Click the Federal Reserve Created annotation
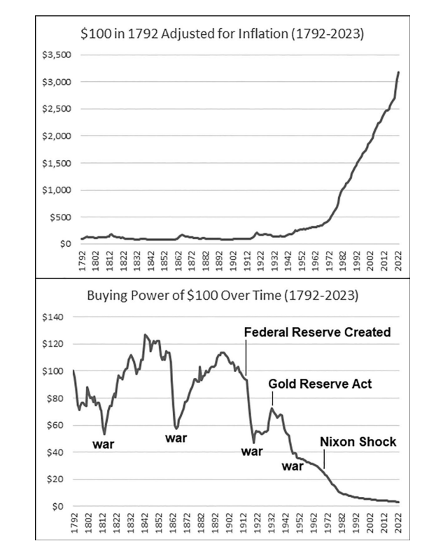coord(317,333)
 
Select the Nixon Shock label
coord(358,442)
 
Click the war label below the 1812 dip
coord(104,445)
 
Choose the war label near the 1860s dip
coord(176,438)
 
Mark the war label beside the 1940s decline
coord(293,466)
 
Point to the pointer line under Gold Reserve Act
coord(272,398)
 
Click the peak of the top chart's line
coord(399,72)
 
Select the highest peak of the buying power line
coord(145,335)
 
